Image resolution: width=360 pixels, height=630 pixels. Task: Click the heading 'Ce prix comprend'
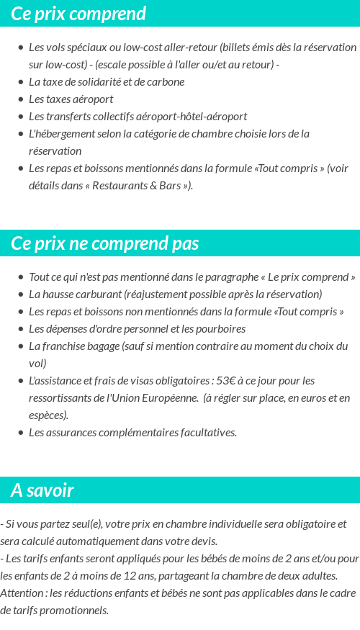pos(78,14)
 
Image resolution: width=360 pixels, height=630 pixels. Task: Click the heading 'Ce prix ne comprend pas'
pos(105,243)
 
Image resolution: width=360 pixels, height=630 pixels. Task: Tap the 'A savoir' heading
pos(42,490)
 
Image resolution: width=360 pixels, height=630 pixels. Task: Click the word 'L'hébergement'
pos(62,133)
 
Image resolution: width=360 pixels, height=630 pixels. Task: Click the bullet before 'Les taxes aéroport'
pos(21,99)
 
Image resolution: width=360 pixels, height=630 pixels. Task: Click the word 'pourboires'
pos(220,328)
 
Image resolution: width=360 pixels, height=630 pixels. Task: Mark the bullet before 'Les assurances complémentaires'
pos(21,433)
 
